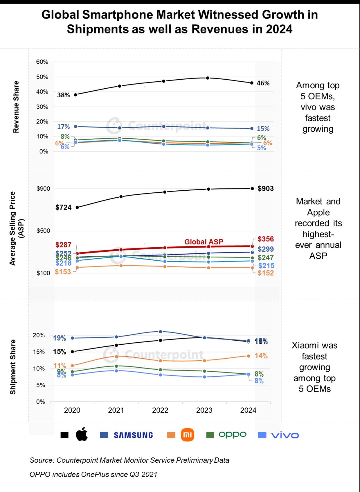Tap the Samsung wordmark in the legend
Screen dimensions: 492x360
click(133, 435)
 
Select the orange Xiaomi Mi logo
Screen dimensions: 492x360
click(187, 435)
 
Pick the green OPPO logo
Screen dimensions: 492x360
click(233, 434)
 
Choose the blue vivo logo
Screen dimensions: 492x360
click(285, 435)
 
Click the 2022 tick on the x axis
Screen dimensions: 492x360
click(160, 410)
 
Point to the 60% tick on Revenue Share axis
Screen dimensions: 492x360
click(42, 62)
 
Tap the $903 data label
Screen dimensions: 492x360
click(266, 189)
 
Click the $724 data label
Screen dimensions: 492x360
click(64, 207)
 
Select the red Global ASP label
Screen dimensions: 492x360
click(204, 242)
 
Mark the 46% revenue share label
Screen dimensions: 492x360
click(263, 83)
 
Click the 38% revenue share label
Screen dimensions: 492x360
click(63, 95)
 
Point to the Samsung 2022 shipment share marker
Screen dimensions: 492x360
click(161, 332)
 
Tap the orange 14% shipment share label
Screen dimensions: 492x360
click(261, 356)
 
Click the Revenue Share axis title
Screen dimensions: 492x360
click(16, 107)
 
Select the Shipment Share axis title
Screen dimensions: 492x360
click(13, 367)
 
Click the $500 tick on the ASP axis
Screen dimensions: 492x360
click(43, 231)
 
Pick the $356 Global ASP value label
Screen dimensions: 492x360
click(266, 239)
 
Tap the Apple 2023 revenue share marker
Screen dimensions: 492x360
click(208, 78)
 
